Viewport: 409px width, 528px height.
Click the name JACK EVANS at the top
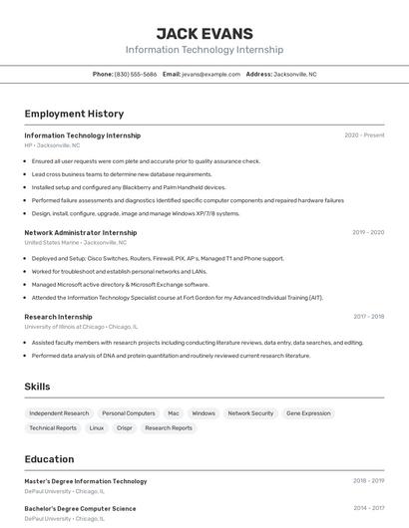click(204, 33)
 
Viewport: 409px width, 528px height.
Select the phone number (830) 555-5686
click(136, 74)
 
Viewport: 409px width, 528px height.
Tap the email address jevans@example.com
click(211, 74)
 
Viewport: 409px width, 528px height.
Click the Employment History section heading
click(74, 114)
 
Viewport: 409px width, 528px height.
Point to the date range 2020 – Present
click(364, 135)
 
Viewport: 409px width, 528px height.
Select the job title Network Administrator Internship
click(81, 232)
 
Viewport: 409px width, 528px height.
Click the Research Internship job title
click(59, 317)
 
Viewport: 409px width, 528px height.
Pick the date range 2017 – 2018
click(368, 317)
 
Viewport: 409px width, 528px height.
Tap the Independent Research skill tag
click(59, 412)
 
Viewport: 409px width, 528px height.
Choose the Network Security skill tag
click(250, 412)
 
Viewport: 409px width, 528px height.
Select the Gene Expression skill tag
click(308, 412)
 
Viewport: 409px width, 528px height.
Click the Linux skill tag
click(96, 427)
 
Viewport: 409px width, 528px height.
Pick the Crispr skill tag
click(124, 427)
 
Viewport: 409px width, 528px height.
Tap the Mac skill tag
click(174, 412)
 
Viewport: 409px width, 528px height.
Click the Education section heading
click(49, 459)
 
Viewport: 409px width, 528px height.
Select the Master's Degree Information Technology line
click(86, 481)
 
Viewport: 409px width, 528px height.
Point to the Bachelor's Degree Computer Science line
click(80, 508)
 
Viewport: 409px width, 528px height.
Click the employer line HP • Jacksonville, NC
click(52, 145)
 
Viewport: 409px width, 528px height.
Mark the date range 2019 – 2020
click(368, 232)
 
